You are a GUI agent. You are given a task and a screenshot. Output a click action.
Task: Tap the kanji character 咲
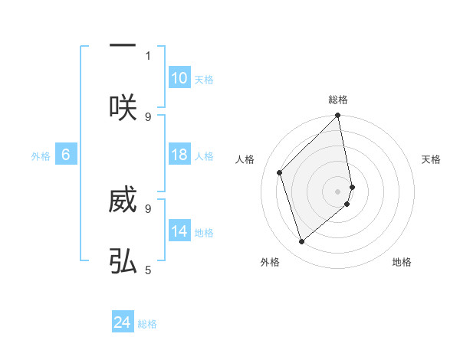123,107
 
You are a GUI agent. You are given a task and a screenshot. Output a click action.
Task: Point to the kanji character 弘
123,262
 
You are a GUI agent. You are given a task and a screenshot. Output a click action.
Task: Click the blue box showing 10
179,78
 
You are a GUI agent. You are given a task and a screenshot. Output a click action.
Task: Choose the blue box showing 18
179,155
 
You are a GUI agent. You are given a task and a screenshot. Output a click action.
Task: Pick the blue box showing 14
179,231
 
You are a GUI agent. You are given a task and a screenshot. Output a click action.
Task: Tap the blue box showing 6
66,155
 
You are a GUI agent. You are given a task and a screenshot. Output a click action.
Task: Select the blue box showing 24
123,323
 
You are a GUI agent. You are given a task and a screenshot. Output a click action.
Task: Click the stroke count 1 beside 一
148,55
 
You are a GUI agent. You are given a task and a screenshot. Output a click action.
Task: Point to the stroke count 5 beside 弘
148,270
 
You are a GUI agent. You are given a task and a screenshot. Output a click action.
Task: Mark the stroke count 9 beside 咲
148,116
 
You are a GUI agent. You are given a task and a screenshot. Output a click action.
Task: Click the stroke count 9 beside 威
148,208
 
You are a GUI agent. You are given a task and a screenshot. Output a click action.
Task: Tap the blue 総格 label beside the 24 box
147,324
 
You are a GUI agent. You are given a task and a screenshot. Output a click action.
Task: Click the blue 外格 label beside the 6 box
41,156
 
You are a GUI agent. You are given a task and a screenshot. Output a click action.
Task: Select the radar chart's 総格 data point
338,116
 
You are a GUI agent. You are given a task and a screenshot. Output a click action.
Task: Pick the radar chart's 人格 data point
280,172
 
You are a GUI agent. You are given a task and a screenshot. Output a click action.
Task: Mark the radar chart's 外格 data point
301,242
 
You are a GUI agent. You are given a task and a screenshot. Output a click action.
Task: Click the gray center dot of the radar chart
338,191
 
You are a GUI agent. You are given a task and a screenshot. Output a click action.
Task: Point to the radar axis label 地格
402,262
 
